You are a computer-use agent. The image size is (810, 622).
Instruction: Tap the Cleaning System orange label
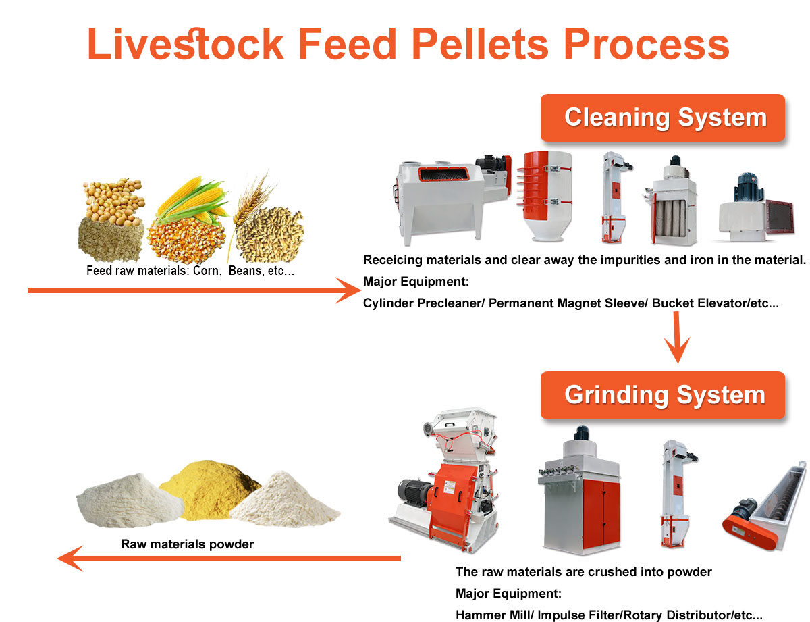tap(665, 118)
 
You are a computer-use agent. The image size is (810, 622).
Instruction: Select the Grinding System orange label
tap(664, 394)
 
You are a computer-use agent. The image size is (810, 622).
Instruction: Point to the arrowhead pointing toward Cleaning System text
tap(349, 291)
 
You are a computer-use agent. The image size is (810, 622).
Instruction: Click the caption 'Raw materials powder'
tap(187, 544)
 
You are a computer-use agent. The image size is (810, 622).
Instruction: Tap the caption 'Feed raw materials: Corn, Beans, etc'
tap(190, 271)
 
